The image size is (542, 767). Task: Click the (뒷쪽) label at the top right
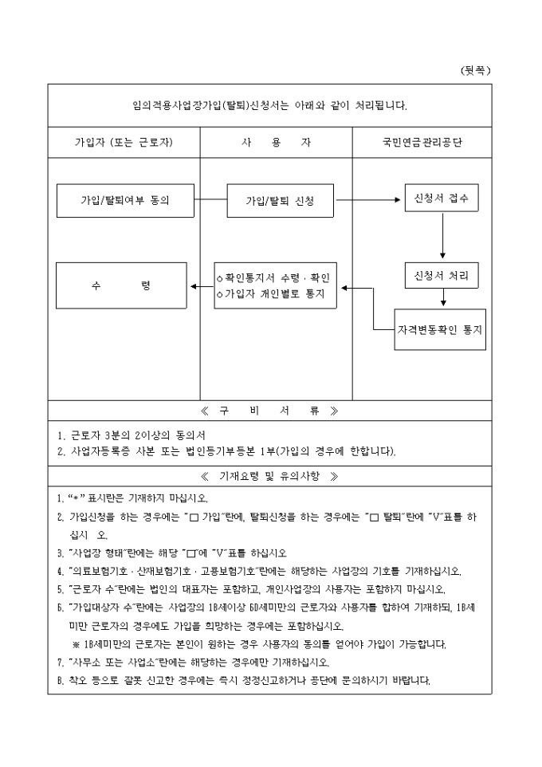tap(476, 70)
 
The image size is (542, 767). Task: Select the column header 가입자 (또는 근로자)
tap(124, 143)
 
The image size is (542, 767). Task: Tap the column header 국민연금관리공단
tap(422, 143)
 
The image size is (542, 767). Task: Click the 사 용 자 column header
tap(276, 143)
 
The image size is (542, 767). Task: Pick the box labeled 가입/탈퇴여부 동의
tap(126, 201)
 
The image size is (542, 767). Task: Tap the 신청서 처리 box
tap(442, 275)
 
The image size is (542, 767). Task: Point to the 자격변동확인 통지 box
tap(442, 328)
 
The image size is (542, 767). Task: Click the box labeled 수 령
tap(121, 285)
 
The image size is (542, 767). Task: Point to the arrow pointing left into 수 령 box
tap(200, 285)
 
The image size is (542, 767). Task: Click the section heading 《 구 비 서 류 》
tap(269, 411)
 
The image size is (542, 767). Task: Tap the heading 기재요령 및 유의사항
tap(269, 476)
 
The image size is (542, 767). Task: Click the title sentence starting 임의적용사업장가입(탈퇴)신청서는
tap(269, 104)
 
